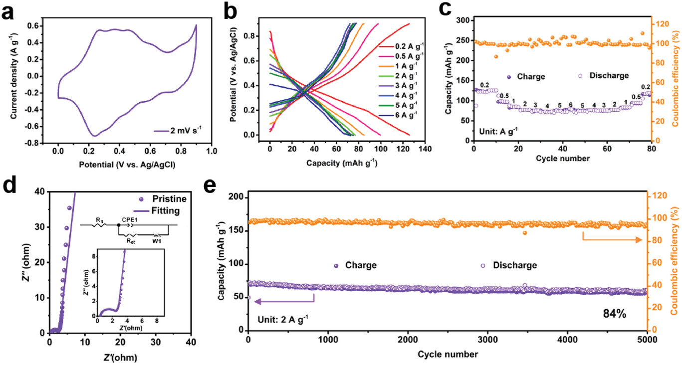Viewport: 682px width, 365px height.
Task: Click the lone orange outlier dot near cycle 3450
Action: coord(525,233)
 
